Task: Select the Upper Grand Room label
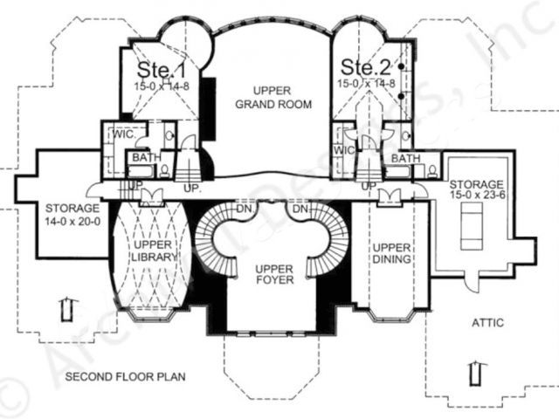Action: coord(267,99)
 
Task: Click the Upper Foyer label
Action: coord(267,276)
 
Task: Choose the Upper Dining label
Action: coord(392,252)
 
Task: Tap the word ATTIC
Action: coord(488,322)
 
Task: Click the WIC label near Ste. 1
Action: coord(120,136)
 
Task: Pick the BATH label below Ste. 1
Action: coord(144,158)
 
